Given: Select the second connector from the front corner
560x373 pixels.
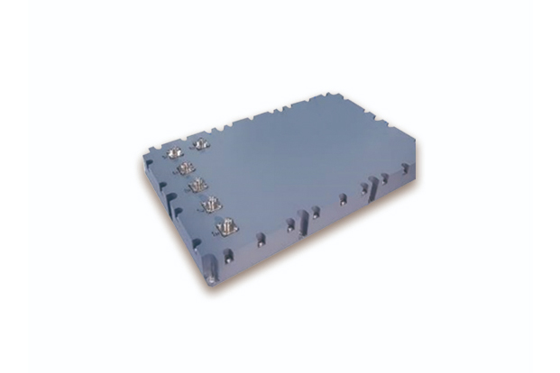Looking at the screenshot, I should pos(214,203).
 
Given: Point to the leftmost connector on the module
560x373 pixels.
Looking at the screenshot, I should pos(174,153).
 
